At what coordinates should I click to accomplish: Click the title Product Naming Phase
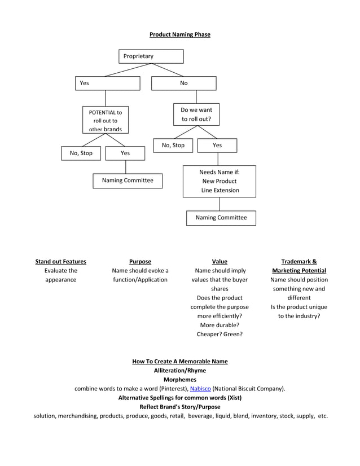(179, 35)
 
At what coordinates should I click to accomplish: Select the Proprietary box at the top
(151, 56)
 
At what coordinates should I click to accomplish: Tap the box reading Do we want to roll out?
(196, 115)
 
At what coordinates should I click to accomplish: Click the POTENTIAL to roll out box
(106, 120)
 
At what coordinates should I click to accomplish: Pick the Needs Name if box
(219, 181)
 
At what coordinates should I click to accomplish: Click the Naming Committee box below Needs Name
(221, 218)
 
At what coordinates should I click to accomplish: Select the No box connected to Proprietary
(183, 83)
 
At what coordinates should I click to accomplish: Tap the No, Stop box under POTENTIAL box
(81, 153)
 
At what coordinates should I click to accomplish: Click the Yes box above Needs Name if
(217, 146)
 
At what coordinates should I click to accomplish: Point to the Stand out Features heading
(61, 262)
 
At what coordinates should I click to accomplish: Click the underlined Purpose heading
(140, 262)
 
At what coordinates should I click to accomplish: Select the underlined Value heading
(219, 262)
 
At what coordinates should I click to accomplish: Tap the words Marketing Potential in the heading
(298, 271)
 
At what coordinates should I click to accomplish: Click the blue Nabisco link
(200, 389)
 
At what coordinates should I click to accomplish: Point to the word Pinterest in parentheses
(170, 389)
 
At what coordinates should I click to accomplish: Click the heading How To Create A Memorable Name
(179, 362)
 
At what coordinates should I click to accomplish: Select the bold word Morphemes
(179, 380)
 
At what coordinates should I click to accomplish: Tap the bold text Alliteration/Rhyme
(179, 371)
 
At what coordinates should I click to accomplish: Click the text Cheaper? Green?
(219, 334)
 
